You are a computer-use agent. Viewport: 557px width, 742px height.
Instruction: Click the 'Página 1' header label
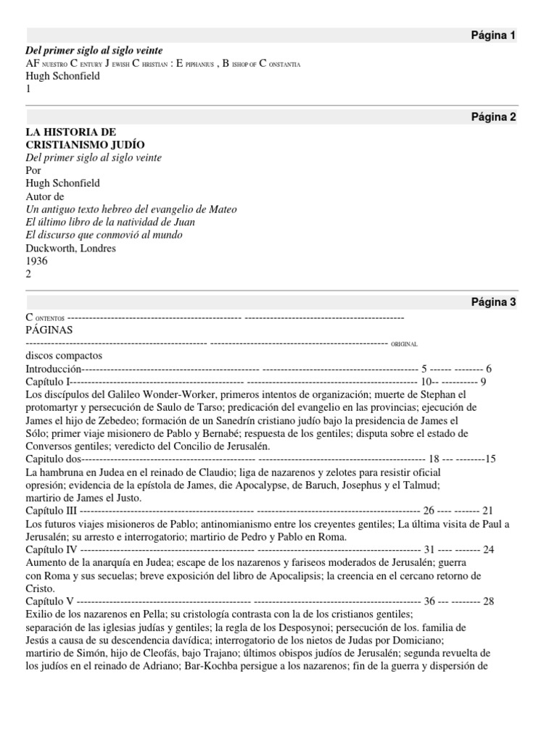(492, 36)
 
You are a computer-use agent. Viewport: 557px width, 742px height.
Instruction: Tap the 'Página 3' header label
(492, 303)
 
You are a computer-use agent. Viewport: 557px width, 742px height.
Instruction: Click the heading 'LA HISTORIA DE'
(70, 131)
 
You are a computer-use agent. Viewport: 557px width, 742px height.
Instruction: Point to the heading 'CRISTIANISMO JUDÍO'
(82, 144)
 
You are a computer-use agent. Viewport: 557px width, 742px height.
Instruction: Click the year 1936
(37, 262)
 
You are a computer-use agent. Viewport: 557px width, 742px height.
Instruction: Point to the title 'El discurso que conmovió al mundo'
(104, 235)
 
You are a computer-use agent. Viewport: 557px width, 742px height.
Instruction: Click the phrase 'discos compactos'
(64, 356)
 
